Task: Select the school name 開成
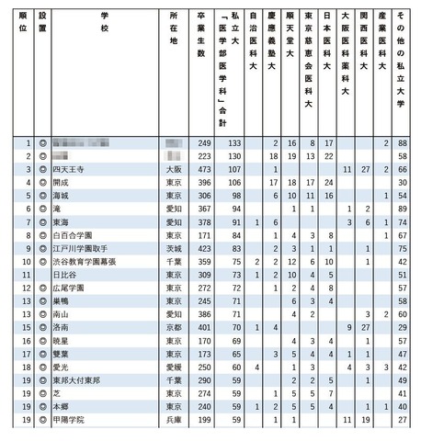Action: click(62, 183)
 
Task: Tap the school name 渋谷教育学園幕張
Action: click(84, 261)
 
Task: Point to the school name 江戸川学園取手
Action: click(80, 248)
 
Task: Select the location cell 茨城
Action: click(173, 248)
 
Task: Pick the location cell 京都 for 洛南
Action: click(173, 326)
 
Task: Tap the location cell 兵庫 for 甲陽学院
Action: click(173, 419)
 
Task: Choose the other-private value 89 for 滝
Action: click(402, 209)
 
